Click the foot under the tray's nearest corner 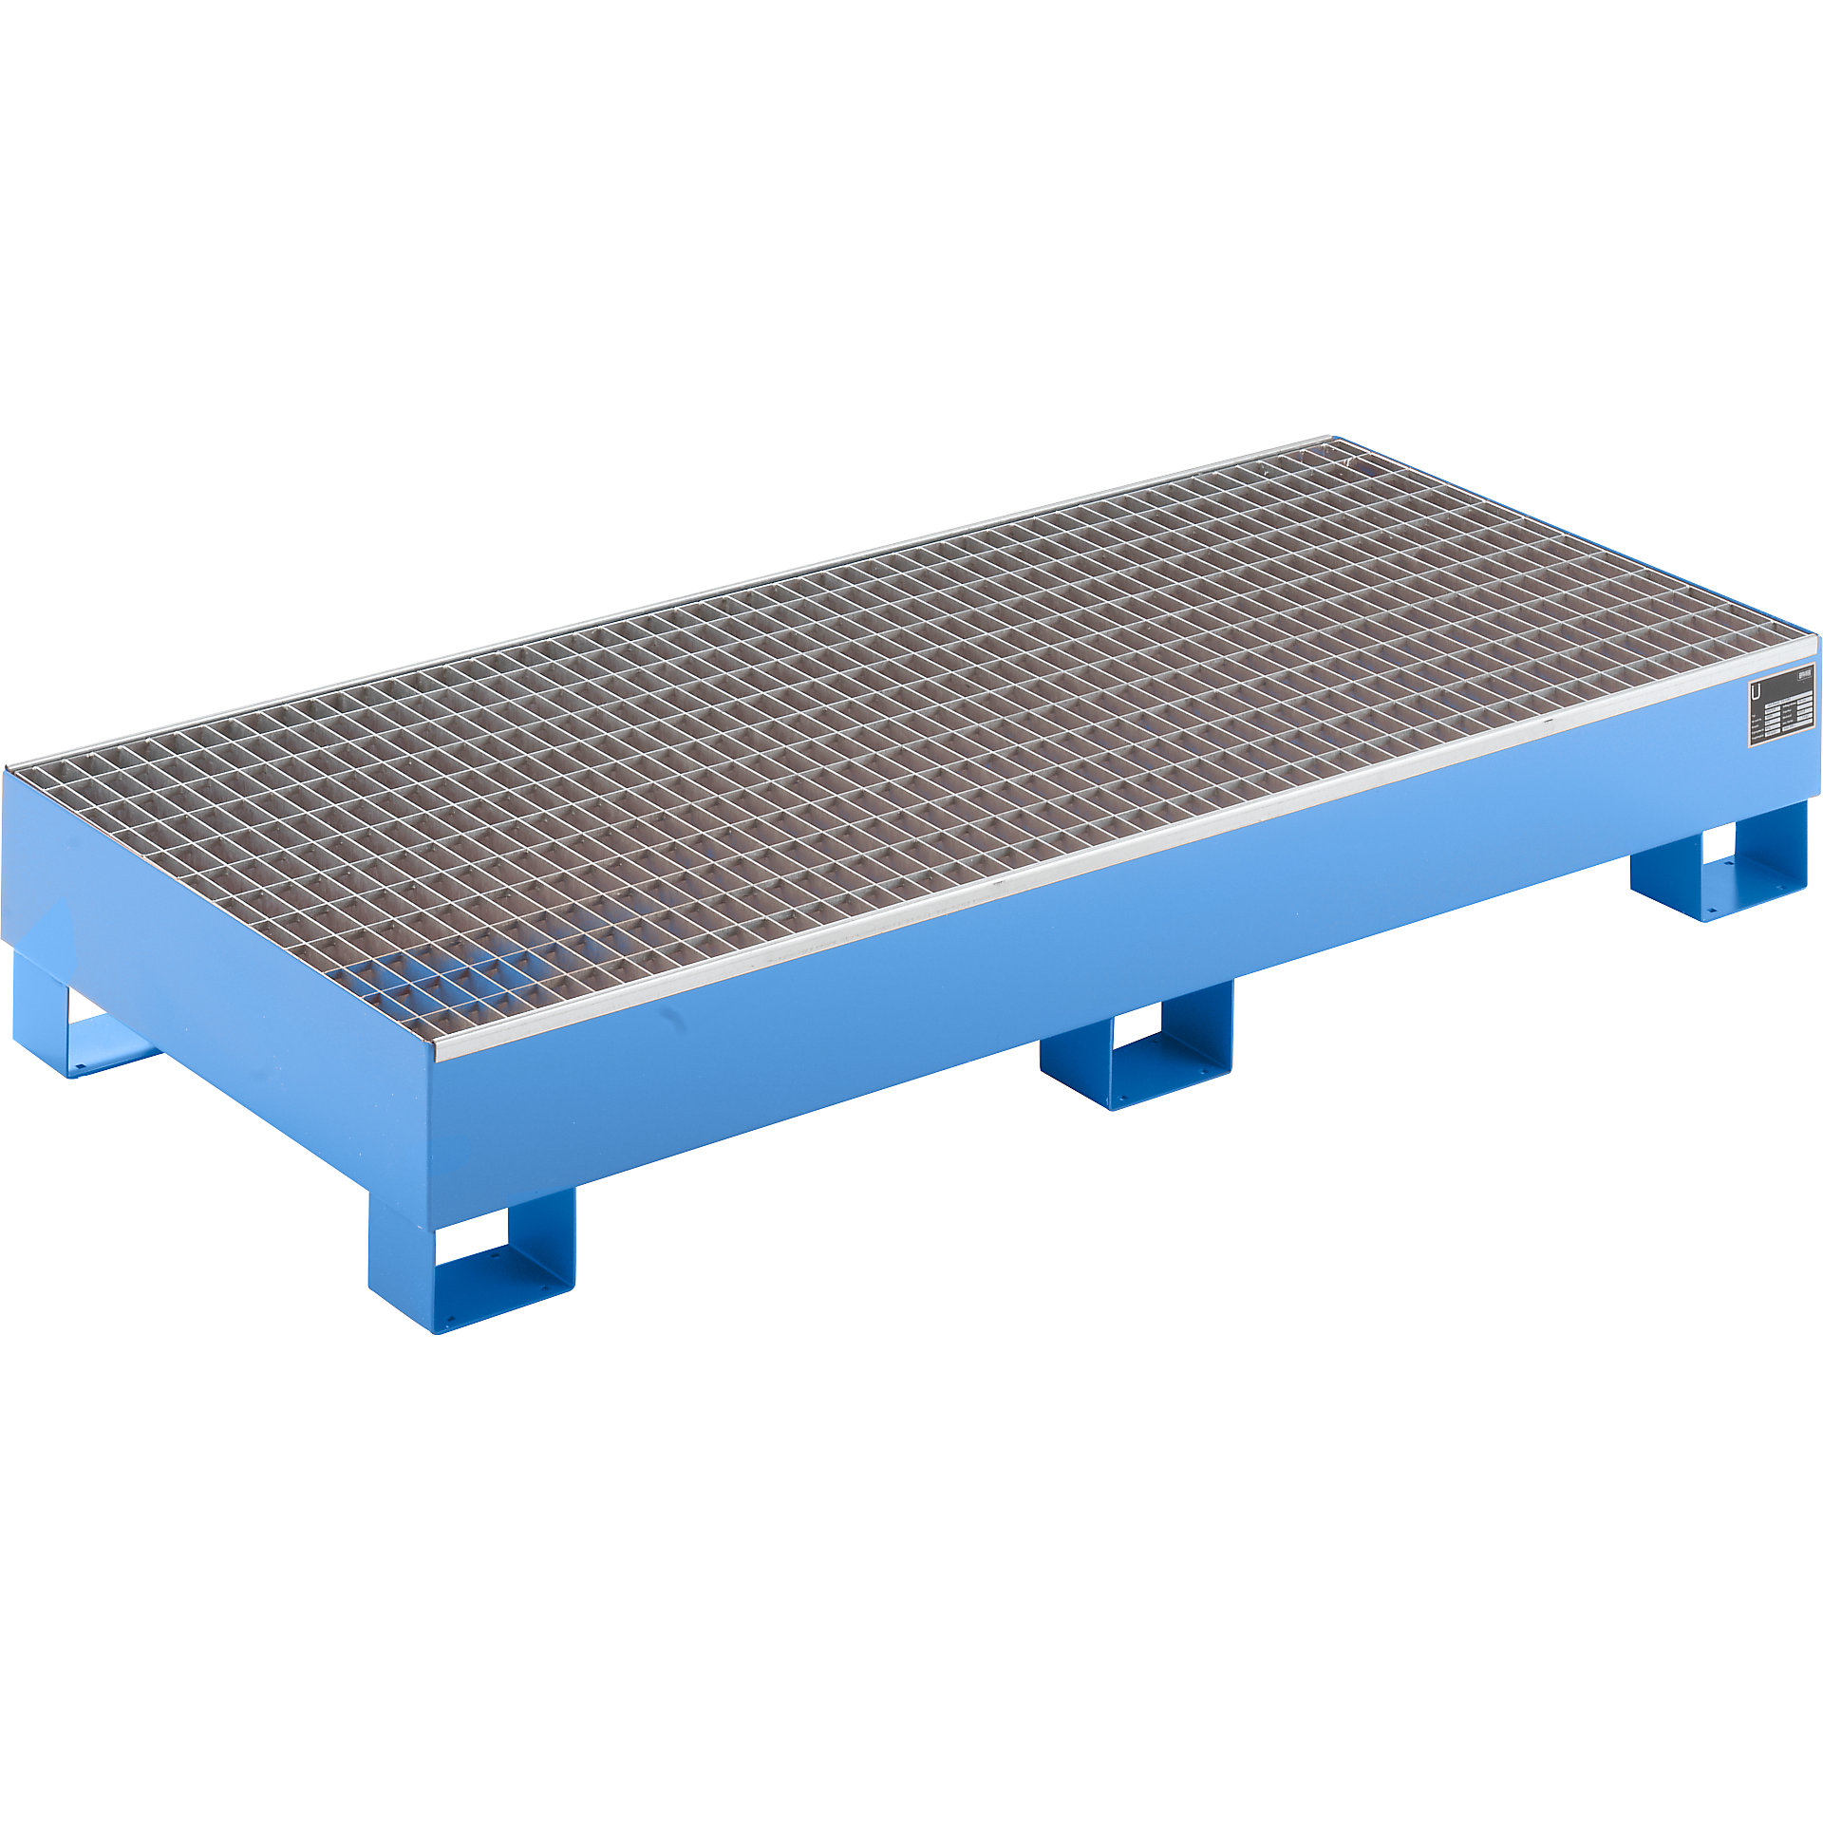(x=472, y=1257)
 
